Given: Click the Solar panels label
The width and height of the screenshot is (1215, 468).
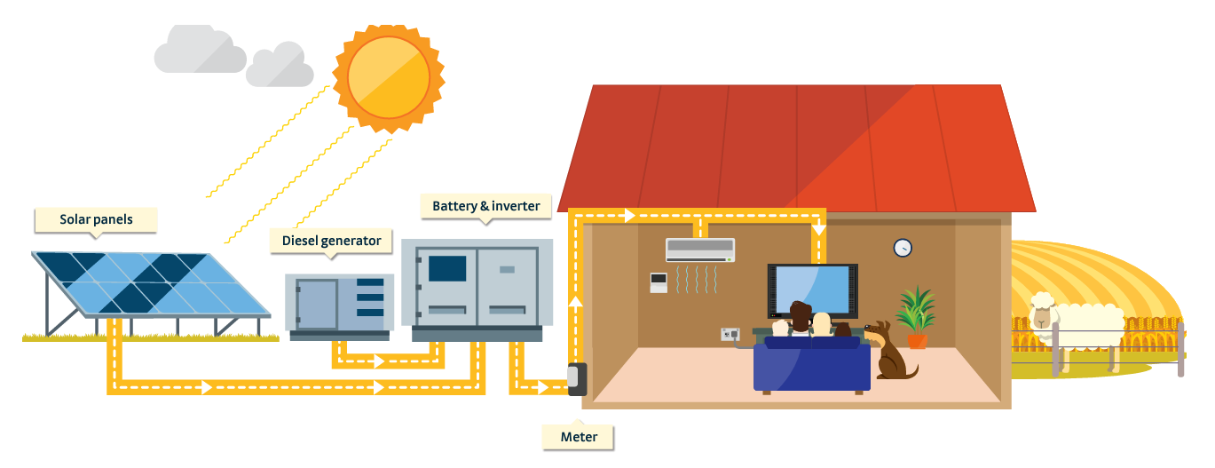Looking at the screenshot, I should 96,219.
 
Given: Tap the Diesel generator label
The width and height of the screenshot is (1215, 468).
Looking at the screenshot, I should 331,241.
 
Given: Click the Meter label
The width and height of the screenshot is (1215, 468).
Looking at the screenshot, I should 579,436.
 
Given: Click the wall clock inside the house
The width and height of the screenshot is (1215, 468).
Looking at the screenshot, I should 903,248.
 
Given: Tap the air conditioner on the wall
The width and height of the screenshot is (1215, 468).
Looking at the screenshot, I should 700,250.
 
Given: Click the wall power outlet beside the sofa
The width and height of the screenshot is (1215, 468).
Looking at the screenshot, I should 730,335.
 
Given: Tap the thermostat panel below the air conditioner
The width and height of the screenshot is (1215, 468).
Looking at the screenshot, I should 658,283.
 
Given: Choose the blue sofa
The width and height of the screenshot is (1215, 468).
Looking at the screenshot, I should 811,365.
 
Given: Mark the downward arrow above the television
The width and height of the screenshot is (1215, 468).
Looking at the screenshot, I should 818,229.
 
